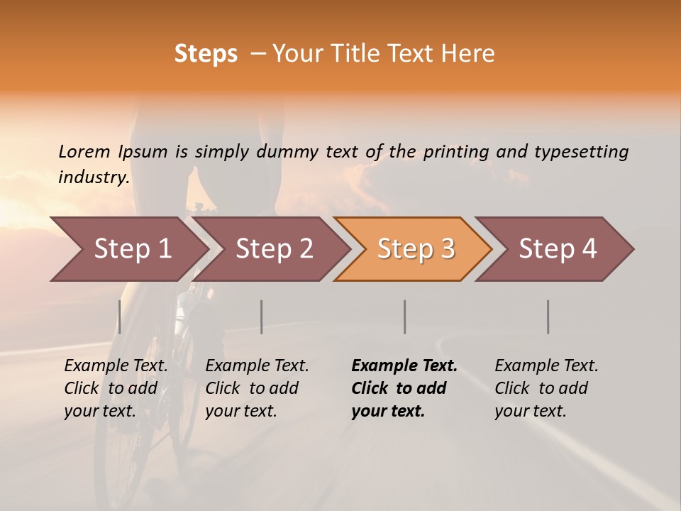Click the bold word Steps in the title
click(x=206, y=54)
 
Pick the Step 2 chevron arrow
click(x=274, y=249)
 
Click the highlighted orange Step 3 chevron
click(x=414, y=249)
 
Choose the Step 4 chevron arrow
click(x=557, y=249)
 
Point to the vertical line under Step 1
click(x=119, y=317)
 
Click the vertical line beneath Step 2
click(x=262, y=317)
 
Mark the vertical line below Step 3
click(x=404, y=317)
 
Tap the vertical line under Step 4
click(x=548, y=317)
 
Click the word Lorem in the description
click(x=84, y=151)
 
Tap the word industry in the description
click(x=93, y=177)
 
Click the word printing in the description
click(x=456, y=152)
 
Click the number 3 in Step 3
click(x=447, y=249)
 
